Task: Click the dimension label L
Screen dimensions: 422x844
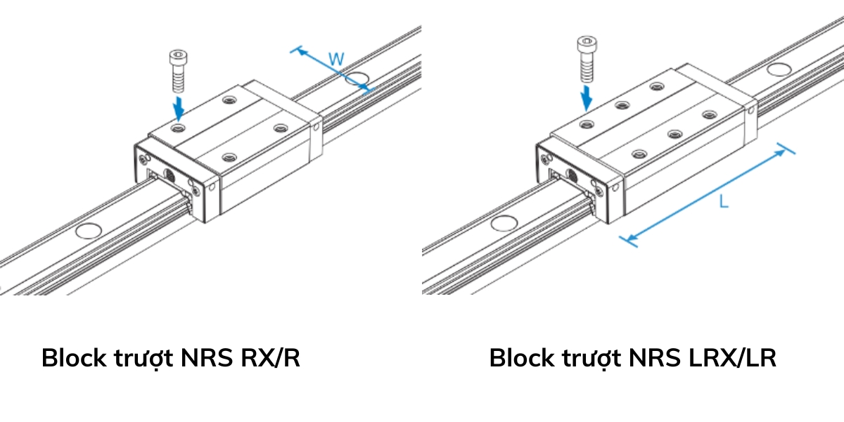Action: coord(724,202)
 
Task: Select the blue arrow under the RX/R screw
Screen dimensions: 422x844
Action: coord(180,108)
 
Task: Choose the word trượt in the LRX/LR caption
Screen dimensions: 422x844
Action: coord(592,358)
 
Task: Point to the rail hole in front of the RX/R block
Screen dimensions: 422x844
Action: coord(89,230)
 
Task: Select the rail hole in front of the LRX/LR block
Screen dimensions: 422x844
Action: coord(504,224)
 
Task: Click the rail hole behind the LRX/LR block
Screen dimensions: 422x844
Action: coord(777,69)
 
